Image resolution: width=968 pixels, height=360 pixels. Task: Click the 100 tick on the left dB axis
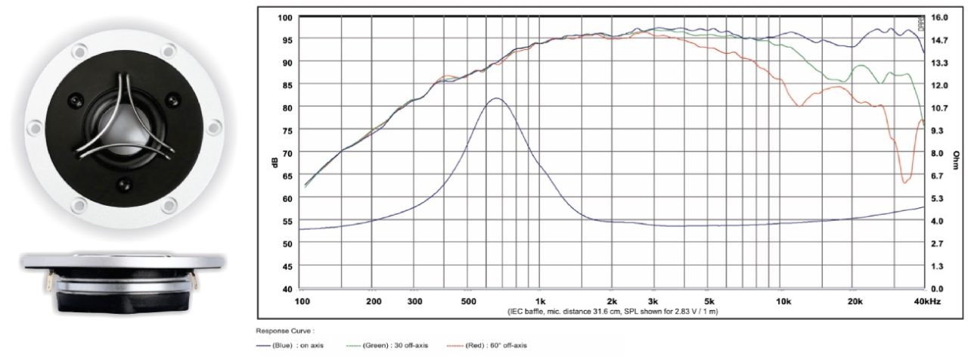[x=287, y=17]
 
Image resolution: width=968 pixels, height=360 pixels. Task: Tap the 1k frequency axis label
[x=540, y=301]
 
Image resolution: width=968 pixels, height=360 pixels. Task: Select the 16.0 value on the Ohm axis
[x=938, y=17]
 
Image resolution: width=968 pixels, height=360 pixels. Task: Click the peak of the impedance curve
[x=496, y=98]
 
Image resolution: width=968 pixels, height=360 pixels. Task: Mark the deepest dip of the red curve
[x=904, y=182]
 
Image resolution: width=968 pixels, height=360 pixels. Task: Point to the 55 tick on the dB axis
[x=287, y=221]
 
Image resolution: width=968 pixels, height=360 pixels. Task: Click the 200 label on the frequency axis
[x=372, y=301]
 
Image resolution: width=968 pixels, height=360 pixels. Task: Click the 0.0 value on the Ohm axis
[x=938, y=289]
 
